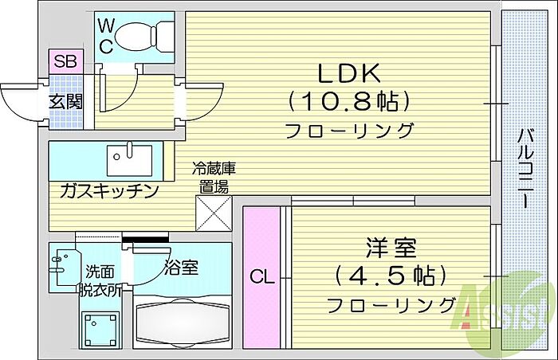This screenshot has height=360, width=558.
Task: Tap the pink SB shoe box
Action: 66,61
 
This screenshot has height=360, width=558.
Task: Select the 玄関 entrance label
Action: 65,102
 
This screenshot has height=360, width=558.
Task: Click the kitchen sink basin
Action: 129,160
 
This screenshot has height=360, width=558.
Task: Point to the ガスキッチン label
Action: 109,191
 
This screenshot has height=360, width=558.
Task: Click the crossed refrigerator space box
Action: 214,213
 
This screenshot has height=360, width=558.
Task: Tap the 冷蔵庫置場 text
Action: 214,178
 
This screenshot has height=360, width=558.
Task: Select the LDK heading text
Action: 349,73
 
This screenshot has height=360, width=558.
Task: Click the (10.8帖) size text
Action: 349,101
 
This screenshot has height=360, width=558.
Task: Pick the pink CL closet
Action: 261,277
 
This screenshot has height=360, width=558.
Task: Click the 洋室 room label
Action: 391,248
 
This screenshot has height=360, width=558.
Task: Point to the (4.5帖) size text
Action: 391,276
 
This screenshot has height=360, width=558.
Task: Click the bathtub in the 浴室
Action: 183,323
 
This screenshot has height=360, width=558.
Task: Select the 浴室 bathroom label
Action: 181,268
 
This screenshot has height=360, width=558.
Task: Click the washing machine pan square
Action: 100,330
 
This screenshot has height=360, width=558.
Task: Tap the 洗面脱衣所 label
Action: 100,281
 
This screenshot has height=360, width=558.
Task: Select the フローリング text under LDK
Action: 349,130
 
